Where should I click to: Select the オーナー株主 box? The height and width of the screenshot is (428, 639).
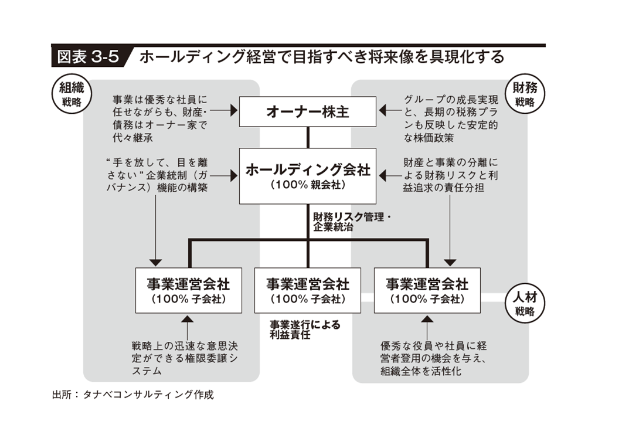coord(308,111)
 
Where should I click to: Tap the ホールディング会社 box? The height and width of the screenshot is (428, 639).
coord(308,175)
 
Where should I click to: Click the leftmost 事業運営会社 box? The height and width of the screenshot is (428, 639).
coord(188,290)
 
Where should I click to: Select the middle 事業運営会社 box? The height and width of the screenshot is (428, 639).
coord(308,290)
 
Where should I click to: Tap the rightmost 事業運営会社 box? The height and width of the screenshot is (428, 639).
coord(427,290)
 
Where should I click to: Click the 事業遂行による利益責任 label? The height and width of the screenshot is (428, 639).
coord(305,330)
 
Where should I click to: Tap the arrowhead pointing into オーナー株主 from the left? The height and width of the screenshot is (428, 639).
coord(233,110)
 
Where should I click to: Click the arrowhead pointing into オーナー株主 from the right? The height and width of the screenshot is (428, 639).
coord(383,110)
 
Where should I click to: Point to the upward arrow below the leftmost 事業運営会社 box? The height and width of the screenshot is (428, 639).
coord(187,320)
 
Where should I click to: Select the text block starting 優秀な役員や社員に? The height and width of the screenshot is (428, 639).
coord(434,358)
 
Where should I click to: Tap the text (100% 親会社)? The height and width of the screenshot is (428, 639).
coord(308,185)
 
